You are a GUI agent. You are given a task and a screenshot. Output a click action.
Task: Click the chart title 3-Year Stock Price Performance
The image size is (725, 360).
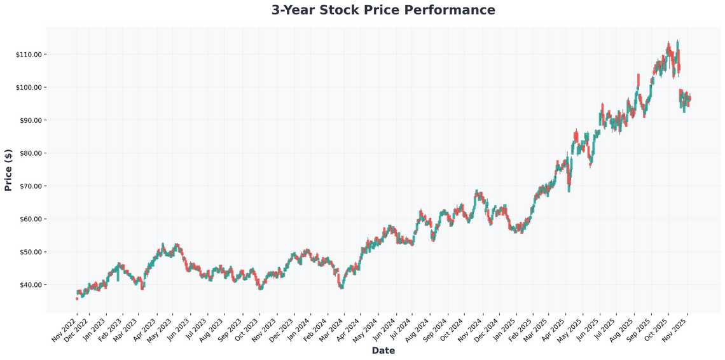[x=383, y=10]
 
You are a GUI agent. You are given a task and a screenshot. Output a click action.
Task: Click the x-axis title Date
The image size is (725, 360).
[x=383, y=350]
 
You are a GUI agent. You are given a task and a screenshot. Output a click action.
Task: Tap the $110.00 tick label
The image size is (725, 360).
[x=29, y=55]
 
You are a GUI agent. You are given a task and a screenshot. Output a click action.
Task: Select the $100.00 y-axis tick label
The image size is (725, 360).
[x=29, y=87]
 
